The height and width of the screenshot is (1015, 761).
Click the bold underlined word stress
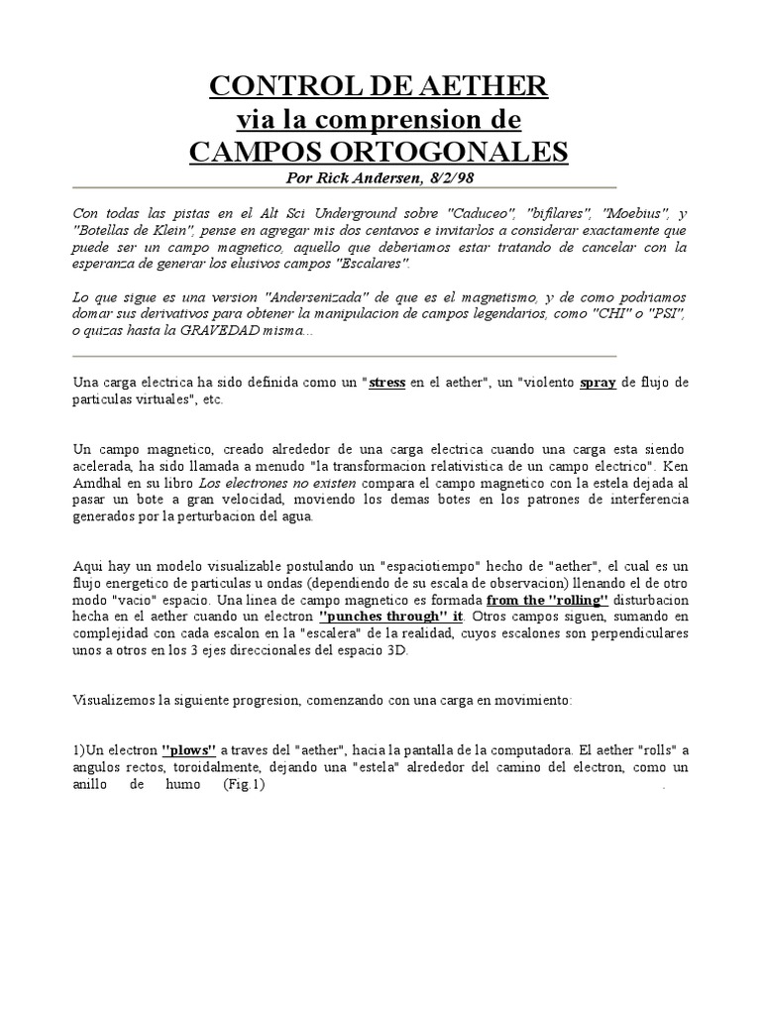coord(387,383)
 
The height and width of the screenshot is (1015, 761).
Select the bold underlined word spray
coord(598,383)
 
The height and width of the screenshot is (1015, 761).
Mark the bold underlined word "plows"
coord(189,751)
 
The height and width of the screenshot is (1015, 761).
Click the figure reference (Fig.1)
coord(245,785)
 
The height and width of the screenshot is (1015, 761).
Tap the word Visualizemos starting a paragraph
coord(111,700)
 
